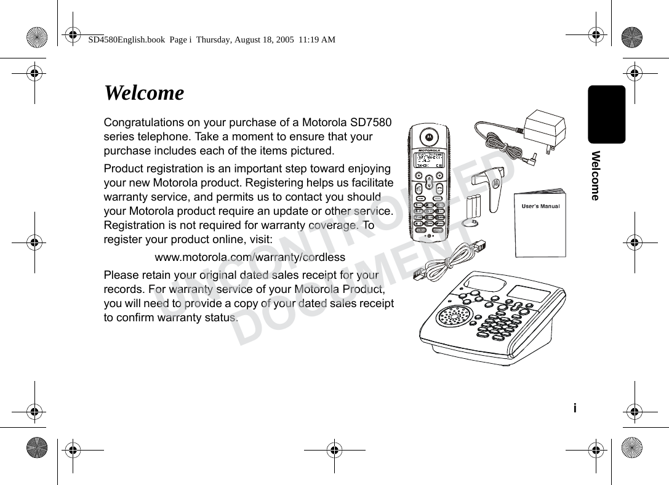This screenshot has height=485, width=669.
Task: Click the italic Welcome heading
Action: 144,94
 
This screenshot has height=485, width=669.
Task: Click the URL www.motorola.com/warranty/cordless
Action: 249,257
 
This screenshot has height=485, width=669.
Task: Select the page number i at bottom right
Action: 575,408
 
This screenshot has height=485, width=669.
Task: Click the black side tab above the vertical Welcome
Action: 606,114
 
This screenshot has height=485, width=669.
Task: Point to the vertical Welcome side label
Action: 595,175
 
